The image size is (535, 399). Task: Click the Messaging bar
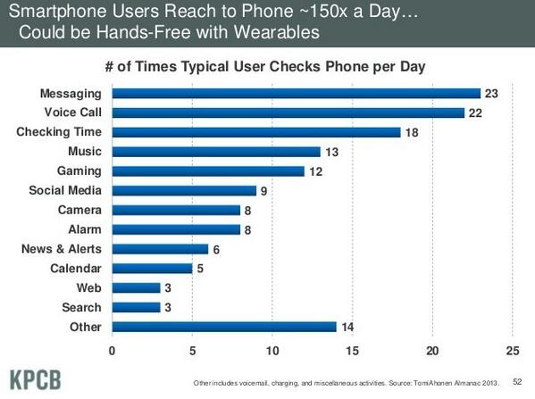pyautogui.click(x=295, y=93)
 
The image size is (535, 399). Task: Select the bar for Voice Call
pyautogui.click(x=288, y=112)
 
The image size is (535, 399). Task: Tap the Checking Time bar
pyautogui.click(x=255, y=132)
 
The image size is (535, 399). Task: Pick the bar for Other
pyautogui.click(x=223, y=327)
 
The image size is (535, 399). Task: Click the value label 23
pyautogui.click(x=490, y=93)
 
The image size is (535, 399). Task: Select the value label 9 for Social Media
pyautogui.click(x=263, y=190)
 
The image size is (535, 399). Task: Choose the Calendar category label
pyautogui.click(x=75, y=269)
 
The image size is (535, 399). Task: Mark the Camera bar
pyautogui.click(x=175, y=210)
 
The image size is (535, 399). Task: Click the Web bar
pyautogui.click(x=136, y=287)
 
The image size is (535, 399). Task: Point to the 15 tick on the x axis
pyautogui.click(x=352, y=350)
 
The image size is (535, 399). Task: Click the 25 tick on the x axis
pyautogui.click(x=512, y=350)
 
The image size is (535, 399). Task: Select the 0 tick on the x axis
pyautogui.click(x=112, y=350)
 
